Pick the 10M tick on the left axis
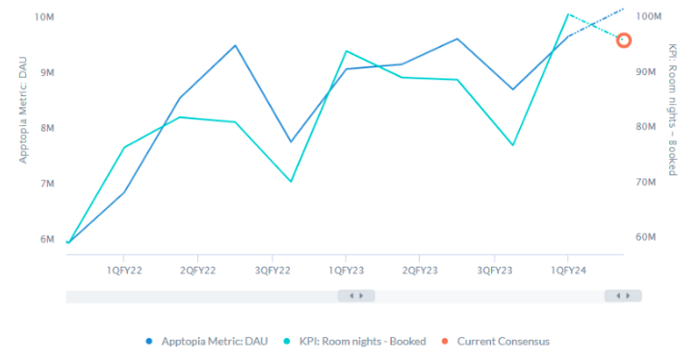coord(43,17)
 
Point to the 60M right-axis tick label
coord(647,237)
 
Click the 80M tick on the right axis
coord(647,127)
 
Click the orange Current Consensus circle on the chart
coord(624,40)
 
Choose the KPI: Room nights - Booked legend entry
coord(355,341)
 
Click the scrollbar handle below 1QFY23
coord(356,296)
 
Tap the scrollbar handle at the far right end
coord(623,296)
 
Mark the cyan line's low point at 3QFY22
coord(290,181)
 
